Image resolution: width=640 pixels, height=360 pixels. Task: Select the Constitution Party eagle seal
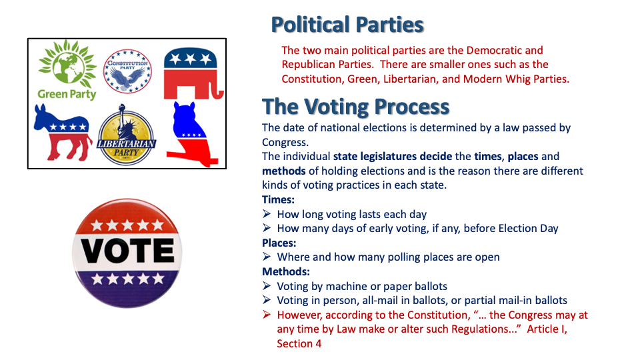127,71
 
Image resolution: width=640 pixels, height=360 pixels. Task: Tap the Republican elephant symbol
193,73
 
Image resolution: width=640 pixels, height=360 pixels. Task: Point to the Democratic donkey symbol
63,132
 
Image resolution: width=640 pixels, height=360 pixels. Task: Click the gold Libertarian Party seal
126,135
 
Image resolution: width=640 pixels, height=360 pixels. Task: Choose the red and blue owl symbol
191,134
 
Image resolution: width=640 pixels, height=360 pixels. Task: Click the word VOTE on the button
127,250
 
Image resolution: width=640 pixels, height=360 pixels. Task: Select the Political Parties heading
347,25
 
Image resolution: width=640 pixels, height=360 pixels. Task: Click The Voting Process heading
355,107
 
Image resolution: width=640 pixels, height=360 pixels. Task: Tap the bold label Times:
279,199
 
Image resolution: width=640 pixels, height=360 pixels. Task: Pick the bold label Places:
279,243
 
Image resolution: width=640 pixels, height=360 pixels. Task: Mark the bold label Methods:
286,271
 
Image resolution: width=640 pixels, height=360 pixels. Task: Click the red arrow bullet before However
267,314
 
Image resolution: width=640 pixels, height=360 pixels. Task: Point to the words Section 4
299,344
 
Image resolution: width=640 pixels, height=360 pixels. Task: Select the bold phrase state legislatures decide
393,157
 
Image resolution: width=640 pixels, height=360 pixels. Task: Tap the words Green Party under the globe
67,94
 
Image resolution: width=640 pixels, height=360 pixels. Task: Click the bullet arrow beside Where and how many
267,256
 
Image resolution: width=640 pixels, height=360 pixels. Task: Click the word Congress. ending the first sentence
285,143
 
